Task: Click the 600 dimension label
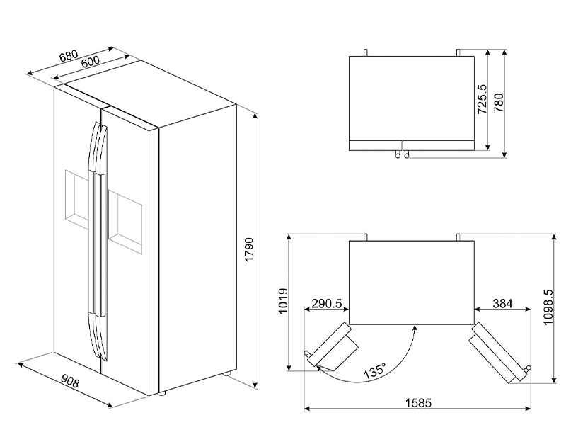[x=90, y=62]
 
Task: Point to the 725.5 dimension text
[x=481, y=99]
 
